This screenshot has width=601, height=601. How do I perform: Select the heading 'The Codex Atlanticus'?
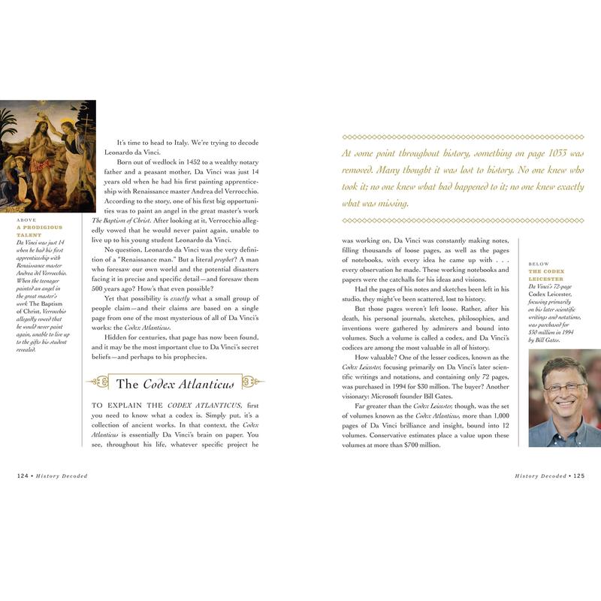(x=175, y=384)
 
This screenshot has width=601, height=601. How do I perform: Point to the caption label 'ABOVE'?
(x=26, y=220)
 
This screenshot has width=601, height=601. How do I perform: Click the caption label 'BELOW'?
(x=539, y=264)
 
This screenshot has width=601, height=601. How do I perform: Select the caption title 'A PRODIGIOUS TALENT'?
(x=39, y=231)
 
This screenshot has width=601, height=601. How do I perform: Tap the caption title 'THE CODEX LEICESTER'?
(x=546, y=275)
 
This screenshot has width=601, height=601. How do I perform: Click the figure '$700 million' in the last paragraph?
(x=421, y=445)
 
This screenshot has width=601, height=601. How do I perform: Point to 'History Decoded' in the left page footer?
(x=61, y=476)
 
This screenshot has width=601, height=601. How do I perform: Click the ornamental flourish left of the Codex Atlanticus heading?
(x=98, y=382)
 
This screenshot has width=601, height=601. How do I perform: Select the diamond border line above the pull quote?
(x=462, y=137)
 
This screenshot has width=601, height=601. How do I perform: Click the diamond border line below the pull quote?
(x=462, y=220)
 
